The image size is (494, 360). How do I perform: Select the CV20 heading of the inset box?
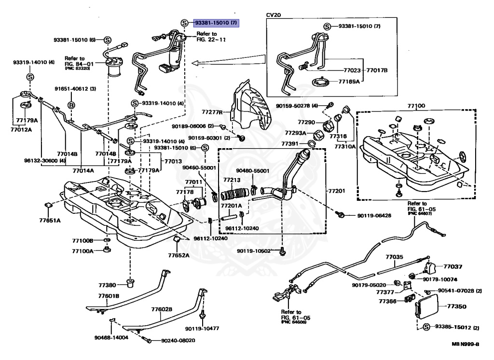pyautogui.click(x=274, y=15)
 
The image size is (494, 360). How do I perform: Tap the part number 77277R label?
pyautogui.click(x=213, y=112)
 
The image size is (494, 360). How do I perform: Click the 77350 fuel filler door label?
pyautogui.click(x=456, y=306)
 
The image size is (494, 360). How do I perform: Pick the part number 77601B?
pyautogui.click(x=109, y=295)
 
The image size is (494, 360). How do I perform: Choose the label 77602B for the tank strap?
pyautogui.click(x=162, y=309)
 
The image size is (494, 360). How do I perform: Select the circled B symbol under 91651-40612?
pyautogui.click(x=71, y=105)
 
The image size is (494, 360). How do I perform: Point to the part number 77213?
pyautogui.click(x=232, y=180)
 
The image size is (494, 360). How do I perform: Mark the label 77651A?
pyautogui.click(x=50, y=221)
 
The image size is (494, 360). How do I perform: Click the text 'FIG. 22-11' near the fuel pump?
pyautogui.click(x=211, y=40)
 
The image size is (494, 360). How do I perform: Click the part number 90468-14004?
pyautogui.click(x=111, y=338)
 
